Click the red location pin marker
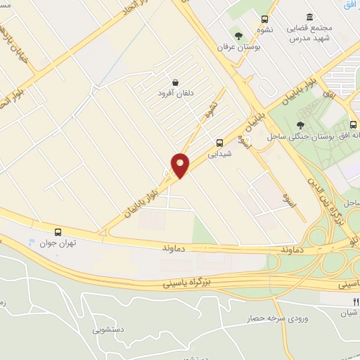pyautogui.click(x=181, y=165)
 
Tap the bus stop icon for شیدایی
pyautogui.click(x=219, y=141)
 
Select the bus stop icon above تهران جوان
pyautogui.click(x=58, y=231)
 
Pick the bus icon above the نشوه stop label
pyautogui.click(x=264, y=19)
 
